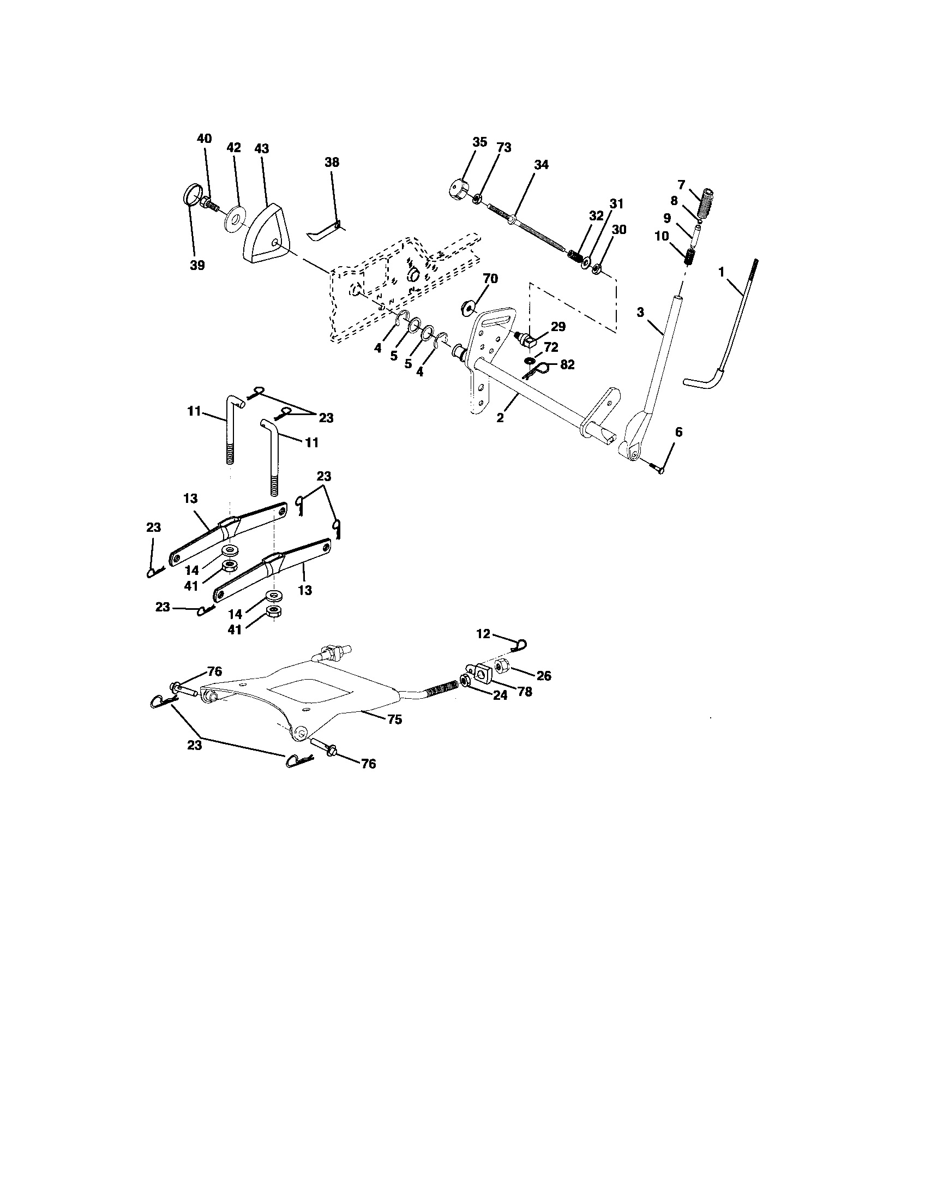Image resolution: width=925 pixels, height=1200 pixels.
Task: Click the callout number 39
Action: [x=197, y=265]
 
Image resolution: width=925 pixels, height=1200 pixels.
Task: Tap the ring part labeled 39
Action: [x=190, y=197]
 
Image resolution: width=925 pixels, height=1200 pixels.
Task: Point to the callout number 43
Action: [x=262, y=149]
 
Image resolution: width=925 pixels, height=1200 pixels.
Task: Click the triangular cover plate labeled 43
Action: [x=262, y=234]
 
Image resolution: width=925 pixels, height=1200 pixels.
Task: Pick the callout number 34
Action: [x=541, y=165]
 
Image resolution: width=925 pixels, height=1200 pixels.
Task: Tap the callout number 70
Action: [x=490, y=279]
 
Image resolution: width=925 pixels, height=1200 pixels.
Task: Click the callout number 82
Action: [x=567, y=364]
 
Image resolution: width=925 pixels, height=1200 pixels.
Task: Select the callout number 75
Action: [x=394, y=719]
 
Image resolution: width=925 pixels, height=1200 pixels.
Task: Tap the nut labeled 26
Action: [x=502, y=667]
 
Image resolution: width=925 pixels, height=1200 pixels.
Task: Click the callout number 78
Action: [x=525, y=691]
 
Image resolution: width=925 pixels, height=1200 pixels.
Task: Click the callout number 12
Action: [x=483, y=633]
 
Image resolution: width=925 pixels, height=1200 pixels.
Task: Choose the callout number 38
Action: [x=332, y=162]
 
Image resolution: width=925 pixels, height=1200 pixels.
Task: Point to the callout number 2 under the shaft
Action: [x=500, y=418]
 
